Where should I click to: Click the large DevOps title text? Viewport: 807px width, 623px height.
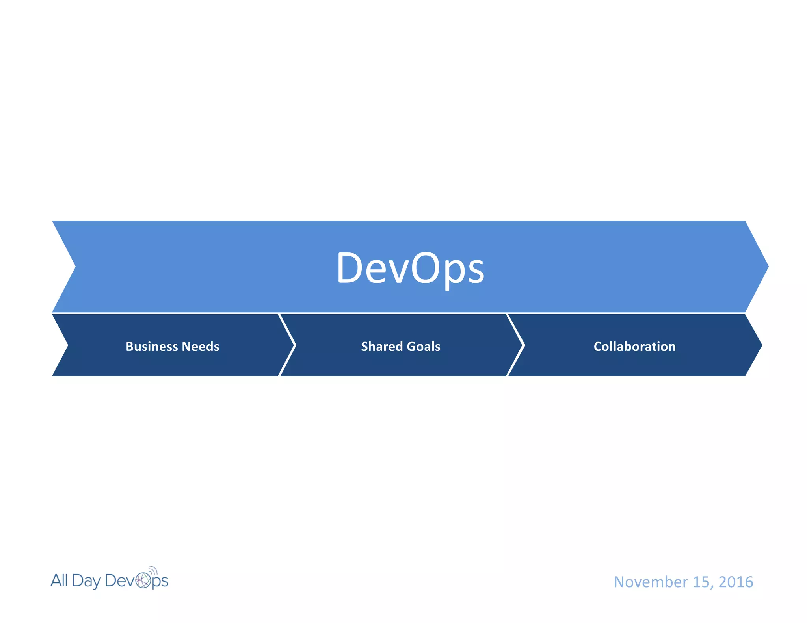(x=410, y=268)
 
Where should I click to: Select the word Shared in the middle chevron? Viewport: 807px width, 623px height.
(x=381, y=346)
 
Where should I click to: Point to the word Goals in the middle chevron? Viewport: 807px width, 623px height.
(x=424, y=346)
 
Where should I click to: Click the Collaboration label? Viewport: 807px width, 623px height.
(x=634, y=346)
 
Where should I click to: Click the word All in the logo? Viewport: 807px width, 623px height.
(x=59, y=580)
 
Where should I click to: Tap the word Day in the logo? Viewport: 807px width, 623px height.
(x=86, y=581)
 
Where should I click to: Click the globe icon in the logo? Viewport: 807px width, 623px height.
(x=143, y=580)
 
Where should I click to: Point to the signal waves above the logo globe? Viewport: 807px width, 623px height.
(x=153, y=570)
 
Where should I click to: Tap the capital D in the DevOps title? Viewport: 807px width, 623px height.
(x=350, y=268)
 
